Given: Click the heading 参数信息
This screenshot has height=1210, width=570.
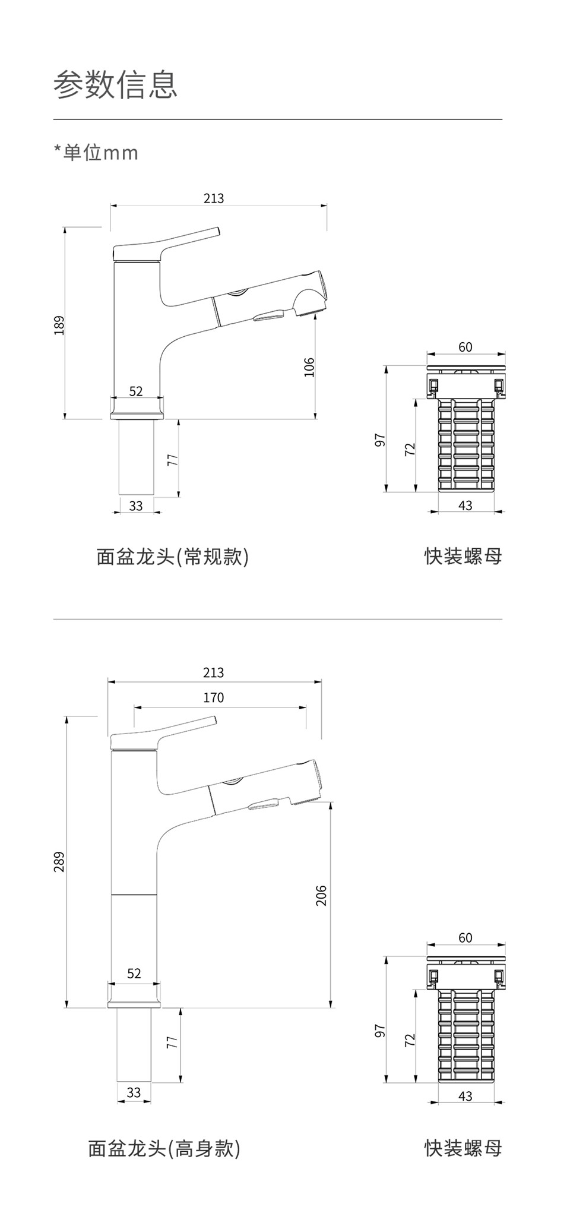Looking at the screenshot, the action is tap(115, 84).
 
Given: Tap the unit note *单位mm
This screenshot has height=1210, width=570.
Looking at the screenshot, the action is tap(96, 153).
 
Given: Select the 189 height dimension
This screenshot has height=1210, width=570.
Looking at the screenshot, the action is tap(59, 325).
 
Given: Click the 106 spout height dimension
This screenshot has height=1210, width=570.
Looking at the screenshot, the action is tap(309, 367).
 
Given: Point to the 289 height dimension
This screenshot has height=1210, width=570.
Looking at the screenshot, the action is tap(59, 861).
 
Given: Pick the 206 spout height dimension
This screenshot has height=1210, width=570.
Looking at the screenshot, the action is tap(321, 895).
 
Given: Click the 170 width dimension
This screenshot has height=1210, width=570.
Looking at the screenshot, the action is tap(214, 697).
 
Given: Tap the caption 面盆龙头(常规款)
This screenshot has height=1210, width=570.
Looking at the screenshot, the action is tap(172, 557).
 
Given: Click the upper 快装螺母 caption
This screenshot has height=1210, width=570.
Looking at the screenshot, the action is tap(463, 557).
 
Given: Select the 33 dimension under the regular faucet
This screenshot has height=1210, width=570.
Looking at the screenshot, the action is tap(136, 506).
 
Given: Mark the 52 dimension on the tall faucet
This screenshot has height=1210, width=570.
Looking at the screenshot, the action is tap(134, 973).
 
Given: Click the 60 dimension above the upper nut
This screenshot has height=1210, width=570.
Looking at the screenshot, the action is tap(465, 347).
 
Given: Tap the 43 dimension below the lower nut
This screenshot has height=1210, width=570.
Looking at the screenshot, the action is tap(465, 1096).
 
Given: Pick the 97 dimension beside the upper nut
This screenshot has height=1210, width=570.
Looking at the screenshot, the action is tap(381, 440).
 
